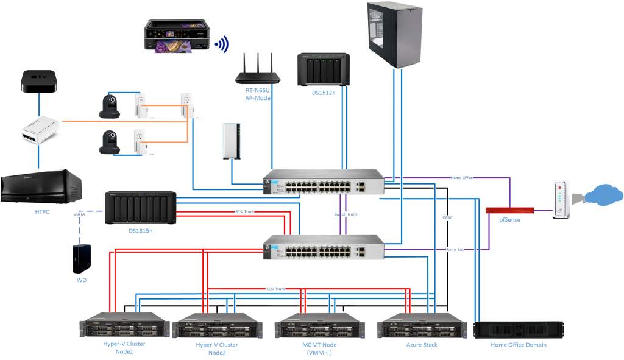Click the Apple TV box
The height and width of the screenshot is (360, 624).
(x=39, y=81)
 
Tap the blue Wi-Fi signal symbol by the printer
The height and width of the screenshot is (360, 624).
(x=222, y=44)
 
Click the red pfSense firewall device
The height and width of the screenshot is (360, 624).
(x=509, y=211)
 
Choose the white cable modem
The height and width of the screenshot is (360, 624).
(x=561, y=199)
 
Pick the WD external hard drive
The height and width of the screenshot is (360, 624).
(x=81, y=259)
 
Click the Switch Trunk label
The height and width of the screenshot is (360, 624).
(x=346, y=214)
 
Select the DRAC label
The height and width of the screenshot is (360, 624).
(x=448, y=217)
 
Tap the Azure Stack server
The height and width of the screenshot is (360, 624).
(x=422, y=327)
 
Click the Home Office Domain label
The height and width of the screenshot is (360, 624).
(x=518, y=345)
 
